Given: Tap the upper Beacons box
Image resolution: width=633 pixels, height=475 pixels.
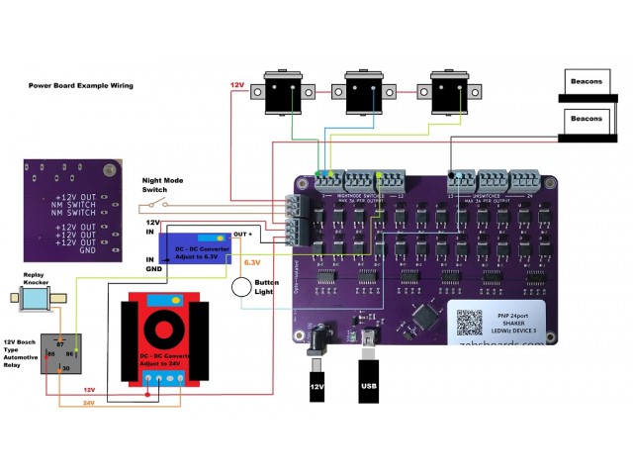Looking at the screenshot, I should [x=586, y=81].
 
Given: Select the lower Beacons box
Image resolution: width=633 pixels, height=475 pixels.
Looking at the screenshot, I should [x=586, y=119].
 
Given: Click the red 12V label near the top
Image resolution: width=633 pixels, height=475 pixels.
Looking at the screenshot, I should [x=238, y=85].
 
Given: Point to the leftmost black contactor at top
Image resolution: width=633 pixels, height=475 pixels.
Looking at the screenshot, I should [x=286, y=92].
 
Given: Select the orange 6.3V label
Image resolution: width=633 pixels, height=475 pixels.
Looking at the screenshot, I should [x=251, y=263].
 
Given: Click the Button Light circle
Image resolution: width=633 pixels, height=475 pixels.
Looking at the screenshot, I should [x=242, y=287].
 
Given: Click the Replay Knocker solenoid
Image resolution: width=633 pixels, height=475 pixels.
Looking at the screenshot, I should [x=40, y=298].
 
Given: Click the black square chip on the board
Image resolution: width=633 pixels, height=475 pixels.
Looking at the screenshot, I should [x=424, y=316].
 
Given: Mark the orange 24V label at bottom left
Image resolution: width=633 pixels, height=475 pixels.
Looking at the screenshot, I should [x=89, y=403].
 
